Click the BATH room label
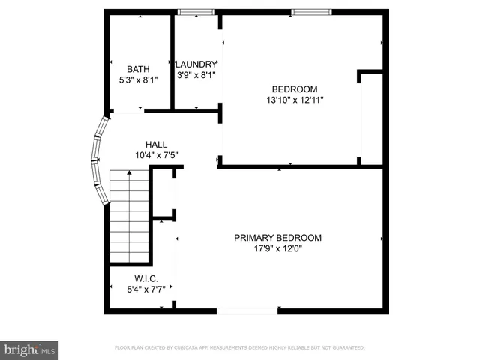(x=138, y=69)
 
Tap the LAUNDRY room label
(x=196, y=64)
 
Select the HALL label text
(x=156, y=145)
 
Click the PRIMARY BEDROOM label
(x=277, y=238)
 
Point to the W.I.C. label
(x=146, y=277)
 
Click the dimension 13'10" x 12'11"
(x=295, y=99)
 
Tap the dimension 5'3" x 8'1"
(x=138, y=79)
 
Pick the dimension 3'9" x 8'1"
(x=196, y=75)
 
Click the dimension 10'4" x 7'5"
(x=156, y=155)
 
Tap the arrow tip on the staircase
(x=130, y=172)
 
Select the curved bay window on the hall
(x=97, y=160)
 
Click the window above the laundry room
(x=196, y=11)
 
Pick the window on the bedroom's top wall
(x=310, y=11)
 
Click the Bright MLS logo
(x=30, y=349)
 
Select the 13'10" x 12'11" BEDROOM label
(x=295, y=88)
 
